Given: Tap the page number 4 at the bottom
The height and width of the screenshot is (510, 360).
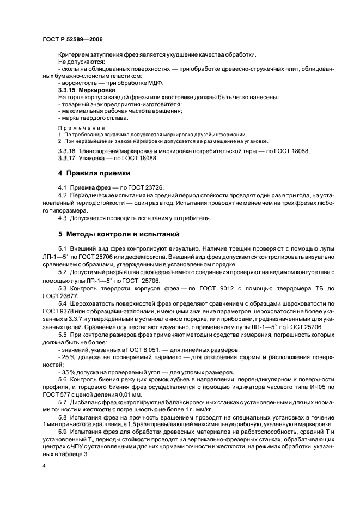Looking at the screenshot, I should pos(44,466).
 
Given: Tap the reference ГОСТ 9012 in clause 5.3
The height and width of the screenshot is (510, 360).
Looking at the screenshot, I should pos(203,287).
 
